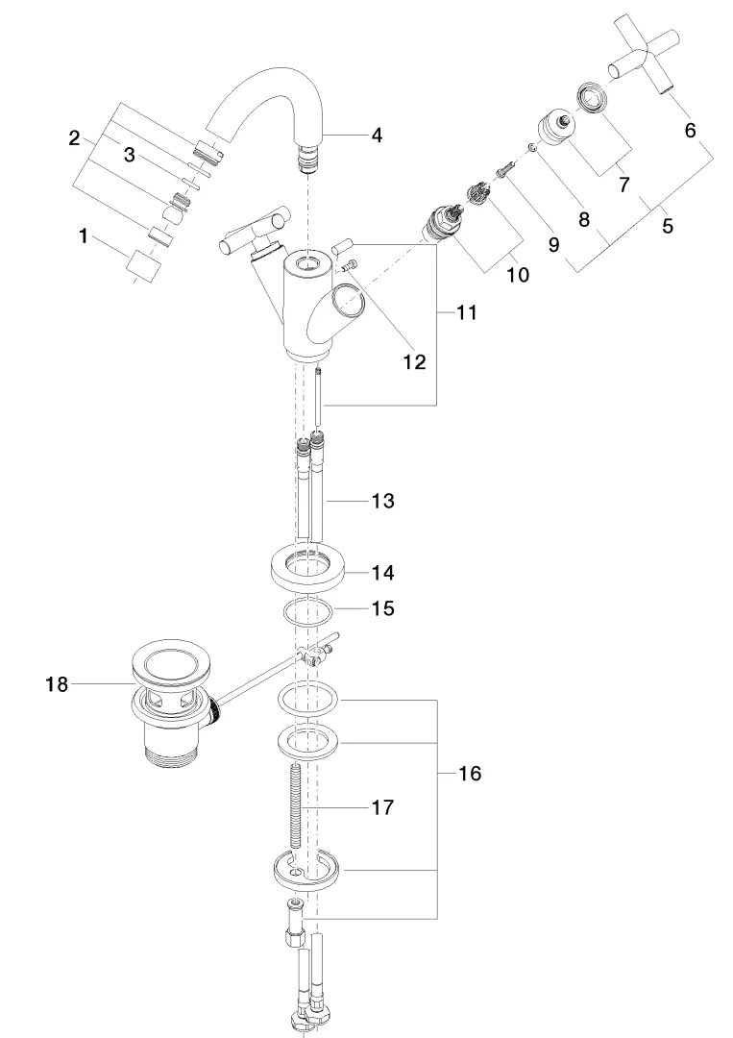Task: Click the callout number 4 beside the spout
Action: point(377,136)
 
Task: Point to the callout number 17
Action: point(381,808)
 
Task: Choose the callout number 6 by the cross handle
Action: point(690,131)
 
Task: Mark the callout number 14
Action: point(382,572)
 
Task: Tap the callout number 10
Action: point(517,275)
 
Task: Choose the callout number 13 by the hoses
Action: point(381,502)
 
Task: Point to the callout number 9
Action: point(553,244)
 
